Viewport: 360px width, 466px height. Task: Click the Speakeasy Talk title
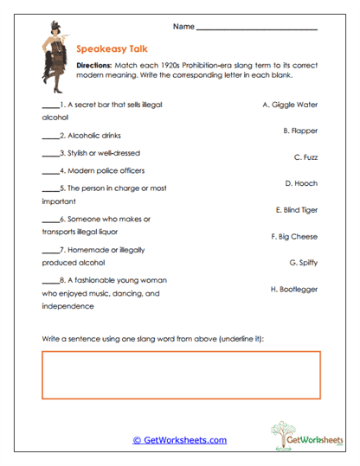[x=109, y=49]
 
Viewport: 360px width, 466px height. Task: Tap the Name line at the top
[x=257, y=29]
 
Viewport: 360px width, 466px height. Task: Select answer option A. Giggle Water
[x=289, y=104]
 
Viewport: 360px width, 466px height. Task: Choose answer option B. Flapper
[x=300, y=131]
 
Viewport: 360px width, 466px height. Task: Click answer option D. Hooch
[x=301, y=183]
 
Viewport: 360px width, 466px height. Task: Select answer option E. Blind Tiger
[x=296, y=210]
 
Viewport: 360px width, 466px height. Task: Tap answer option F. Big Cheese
[x=294, y=236]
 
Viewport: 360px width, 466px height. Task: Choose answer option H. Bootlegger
[x=294, y=289]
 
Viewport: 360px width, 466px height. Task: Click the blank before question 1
[x=49, y=105]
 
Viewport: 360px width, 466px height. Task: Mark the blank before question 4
[x=49, y=171]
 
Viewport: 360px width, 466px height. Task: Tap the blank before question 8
[x=49, y=281]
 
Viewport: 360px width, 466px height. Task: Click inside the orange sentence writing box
[x=180, y=377]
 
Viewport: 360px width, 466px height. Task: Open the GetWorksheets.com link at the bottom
[x=179, y=440]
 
